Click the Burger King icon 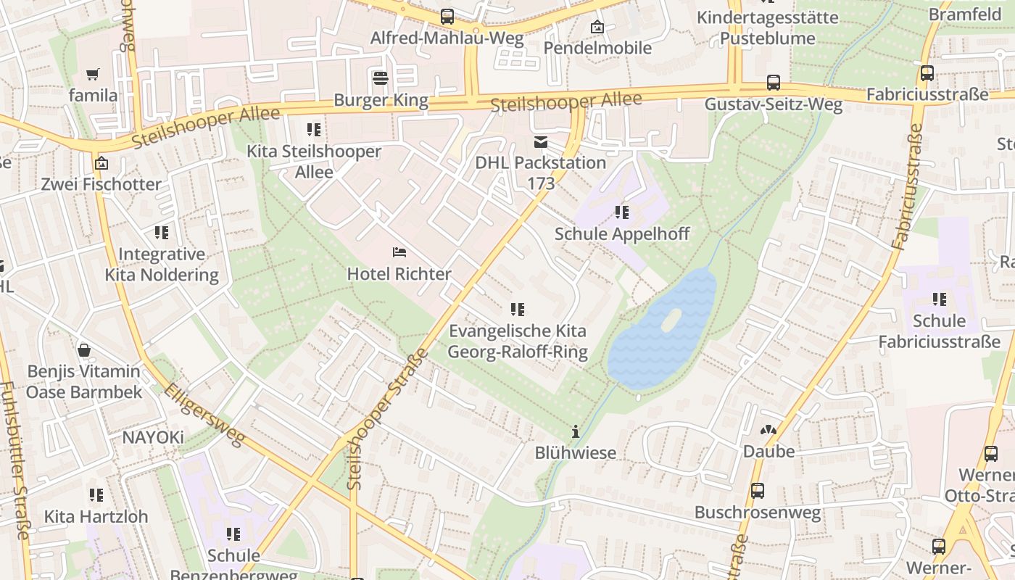[x=381, y=78]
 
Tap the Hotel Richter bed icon [x=399, y=252]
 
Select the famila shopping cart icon [x=93, y=74]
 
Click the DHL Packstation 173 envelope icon [x=541, y=141]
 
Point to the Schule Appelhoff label [x=621, y=233]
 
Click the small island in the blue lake [x=671, y=320]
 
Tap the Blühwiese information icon [x=576, y=431]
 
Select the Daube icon [x=768, y=430]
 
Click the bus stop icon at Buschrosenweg [x=758, y=491]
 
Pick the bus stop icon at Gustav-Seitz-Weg [x=774, y=83]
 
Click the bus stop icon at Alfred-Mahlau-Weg [x=447, y=16]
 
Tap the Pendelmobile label [x=597, y=48]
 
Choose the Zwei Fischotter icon [x=101, y=163]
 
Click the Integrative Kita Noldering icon [x=162, y=233]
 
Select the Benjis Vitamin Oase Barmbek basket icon [x=84, y=350]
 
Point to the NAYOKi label [x=153, y=437]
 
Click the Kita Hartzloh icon [x=96, y=495]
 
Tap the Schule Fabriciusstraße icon [x=940, y=299]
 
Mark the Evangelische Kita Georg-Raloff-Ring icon [x=518, y=310]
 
